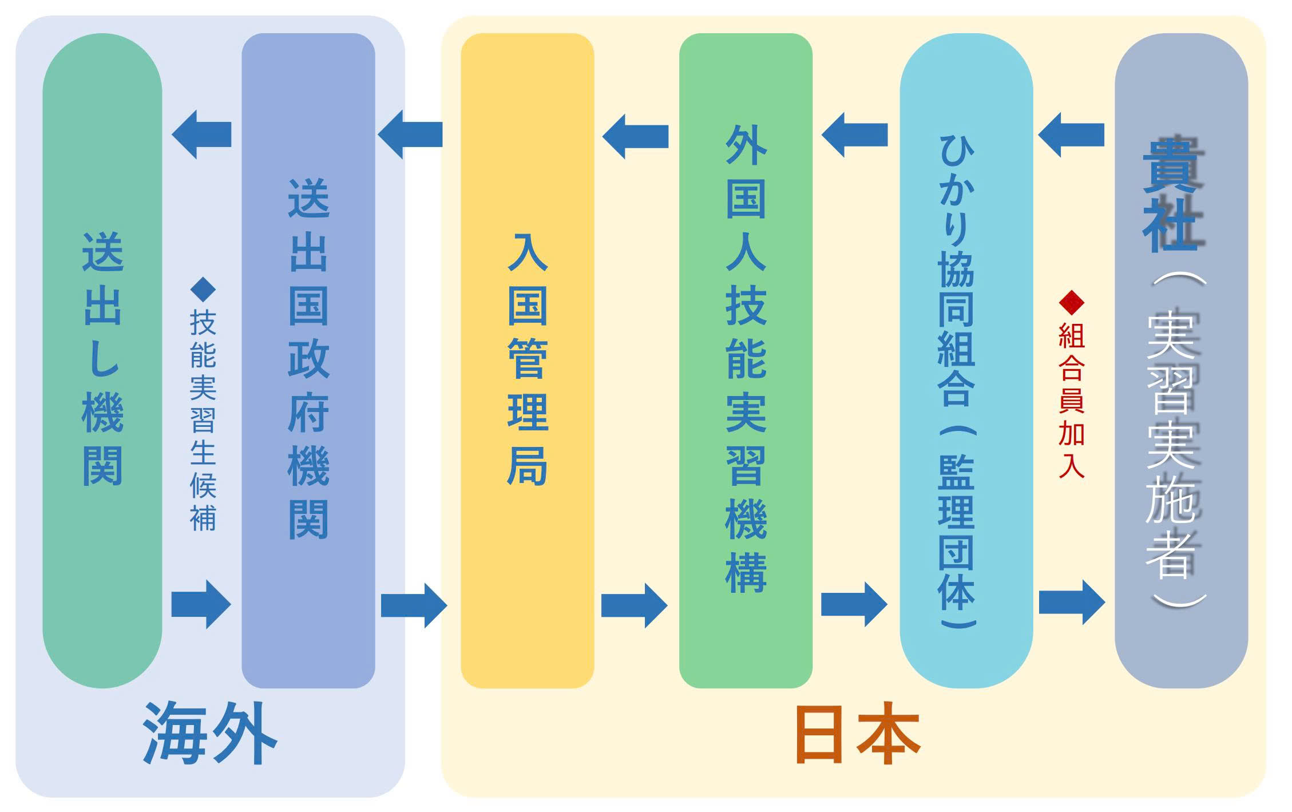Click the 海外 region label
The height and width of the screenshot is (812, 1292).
[209, 734]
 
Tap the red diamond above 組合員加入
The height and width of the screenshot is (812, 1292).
[1071, 302]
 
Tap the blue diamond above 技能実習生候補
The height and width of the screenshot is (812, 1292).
[203, 290]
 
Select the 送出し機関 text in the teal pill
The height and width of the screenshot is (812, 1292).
[103, 359]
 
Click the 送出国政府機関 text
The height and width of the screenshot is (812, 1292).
[308, 359]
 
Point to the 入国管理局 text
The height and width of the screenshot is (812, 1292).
[528, 359]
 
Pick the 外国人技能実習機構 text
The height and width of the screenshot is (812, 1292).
[746, 359]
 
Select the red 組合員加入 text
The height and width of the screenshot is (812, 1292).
[1071, 401]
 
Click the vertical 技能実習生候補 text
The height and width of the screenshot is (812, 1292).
[203, 421]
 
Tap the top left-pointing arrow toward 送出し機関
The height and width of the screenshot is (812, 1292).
[201, 134]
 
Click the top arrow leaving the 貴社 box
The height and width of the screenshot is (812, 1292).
[1071, 135]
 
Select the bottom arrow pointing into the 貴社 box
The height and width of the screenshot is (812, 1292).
[1072, 602]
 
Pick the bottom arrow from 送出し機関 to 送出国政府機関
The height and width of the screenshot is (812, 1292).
[201, 604]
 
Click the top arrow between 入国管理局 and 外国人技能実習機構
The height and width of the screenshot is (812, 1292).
[635, 136]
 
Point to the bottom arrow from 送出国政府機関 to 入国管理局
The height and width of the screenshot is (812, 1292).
[414, 605]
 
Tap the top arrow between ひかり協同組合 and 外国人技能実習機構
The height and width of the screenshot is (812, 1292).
[854, 135]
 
